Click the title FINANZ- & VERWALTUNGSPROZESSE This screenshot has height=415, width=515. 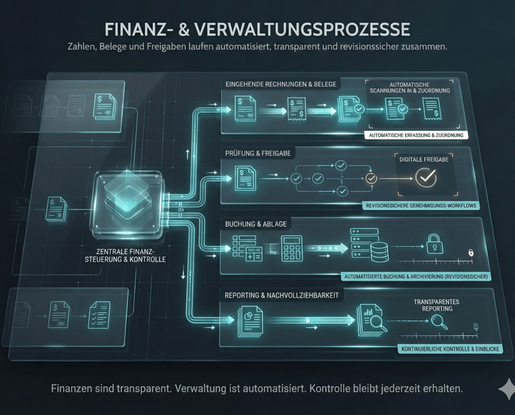tap(257, 30)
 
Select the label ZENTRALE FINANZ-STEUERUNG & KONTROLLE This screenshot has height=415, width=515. tap(127, 255)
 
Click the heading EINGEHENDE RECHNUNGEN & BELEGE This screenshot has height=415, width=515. tap(282, 84)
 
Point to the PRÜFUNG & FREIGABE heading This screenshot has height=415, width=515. tap(258, 154)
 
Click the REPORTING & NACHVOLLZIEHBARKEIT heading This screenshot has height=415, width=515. tap(281, 295)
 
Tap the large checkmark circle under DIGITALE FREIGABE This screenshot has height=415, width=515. tap(426, 178)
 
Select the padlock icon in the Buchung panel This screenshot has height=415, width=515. tap(435, 243)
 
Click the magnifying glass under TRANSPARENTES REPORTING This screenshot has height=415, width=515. tap(440, 320)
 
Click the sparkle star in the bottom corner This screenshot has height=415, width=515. tap(506, 390)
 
